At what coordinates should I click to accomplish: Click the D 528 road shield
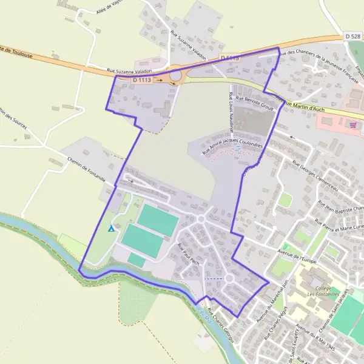point(353,37)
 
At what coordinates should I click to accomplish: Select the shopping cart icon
point(352,124)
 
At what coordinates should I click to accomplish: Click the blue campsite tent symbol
point(110,229)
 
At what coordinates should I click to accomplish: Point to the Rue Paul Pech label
point(188,255)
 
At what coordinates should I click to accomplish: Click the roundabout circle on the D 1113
point(176,76)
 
